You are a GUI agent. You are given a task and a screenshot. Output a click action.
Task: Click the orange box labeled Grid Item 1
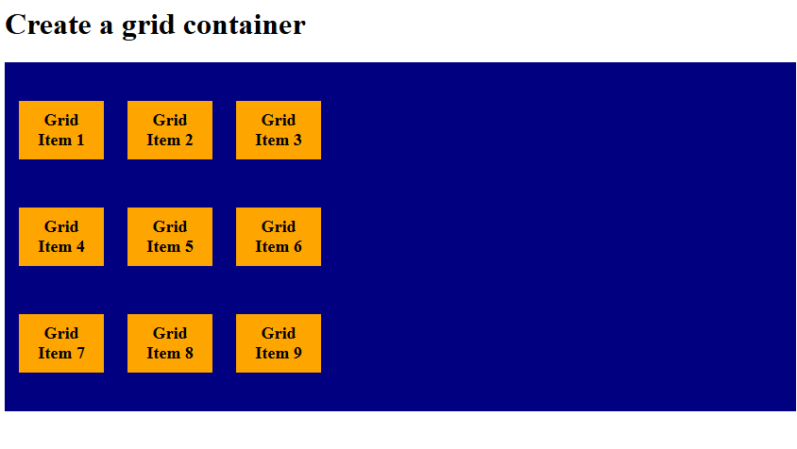(x=61, y=130)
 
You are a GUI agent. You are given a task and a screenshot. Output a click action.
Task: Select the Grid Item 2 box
(x=170, y=130)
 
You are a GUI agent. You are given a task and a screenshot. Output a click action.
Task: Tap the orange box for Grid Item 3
(x=279, y=130)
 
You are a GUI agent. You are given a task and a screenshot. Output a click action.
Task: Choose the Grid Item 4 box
(x=61, y=237)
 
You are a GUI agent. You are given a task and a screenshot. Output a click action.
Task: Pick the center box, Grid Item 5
(x=170, y=237)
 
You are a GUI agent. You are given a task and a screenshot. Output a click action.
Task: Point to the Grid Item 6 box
(x=279, y=237)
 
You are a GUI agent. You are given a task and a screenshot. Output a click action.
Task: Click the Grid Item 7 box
(x=61, y=343)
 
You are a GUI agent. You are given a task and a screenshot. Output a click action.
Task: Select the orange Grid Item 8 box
(x=170, y=343)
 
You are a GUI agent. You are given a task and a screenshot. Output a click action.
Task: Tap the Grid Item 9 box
(x=279, y=343)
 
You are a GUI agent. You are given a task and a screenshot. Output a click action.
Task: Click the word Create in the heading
(x=48, y=25)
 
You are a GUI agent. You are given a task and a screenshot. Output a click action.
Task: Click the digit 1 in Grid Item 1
(x=80, y=141)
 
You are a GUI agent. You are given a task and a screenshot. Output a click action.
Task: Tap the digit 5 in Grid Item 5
(x=189, y=247)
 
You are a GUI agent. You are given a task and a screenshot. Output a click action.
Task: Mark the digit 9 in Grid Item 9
(x=297, y=354)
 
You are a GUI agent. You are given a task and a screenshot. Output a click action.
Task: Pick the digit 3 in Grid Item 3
(x=297, y=141)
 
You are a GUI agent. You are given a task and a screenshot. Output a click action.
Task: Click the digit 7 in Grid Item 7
(x=80, y=354)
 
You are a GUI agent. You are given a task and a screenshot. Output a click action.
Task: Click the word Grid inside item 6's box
(x=279, y=226)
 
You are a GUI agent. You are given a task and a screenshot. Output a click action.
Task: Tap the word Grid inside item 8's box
(x=170, y=333)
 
